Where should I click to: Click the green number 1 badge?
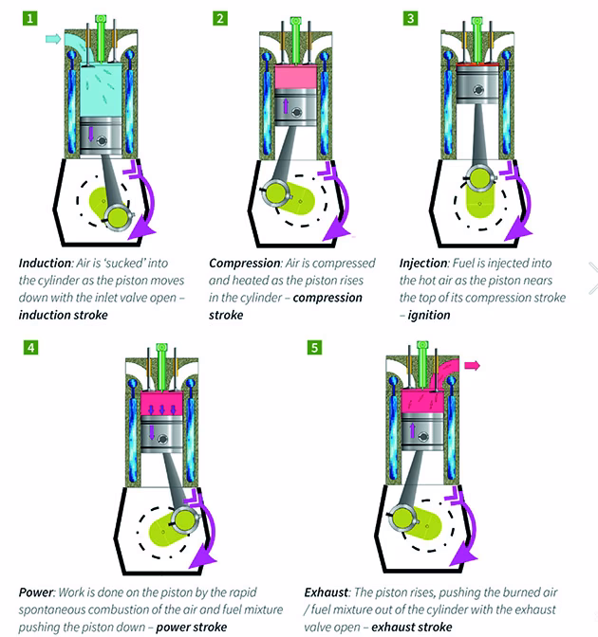(31, 17)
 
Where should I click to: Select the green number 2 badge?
(220, 17)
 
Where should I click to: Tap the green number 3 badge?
(410, 17)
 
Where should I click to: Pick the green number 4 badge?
(31, 348)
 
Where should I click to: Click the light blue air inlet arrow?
(53, 39)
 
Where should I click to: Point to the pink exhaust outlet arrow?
(471, 364)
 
